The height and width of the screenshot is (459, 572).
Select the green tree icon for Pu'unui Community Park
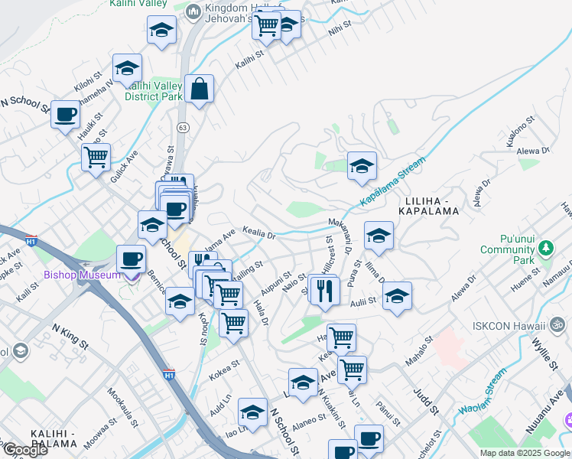coord(545,249)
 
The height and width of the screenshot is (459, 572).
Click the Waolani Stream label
coord(483,392)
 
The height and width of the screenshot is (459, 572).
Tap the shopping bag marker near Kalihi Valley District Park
coord(199,89)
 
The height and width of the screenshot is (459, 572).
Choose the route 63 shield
coord(182,127)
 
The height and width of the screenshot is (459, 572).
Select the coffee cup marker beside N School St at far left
coord(65,115)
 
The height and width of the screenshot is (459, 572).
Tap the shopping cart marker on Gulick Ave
coord(96,158)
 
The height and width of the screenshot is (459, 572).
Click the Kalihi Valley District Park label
coord(154,91)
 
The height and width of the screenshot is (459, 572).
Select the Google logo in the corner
coord(24,449)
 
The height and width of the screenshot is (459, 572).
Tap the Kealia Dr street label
coord(258,231)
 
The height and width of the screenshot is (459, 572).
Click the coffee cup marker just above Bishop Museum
coord(132,259)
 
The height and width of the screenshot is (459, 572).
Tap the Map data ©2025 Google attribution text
coord(525,453)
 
